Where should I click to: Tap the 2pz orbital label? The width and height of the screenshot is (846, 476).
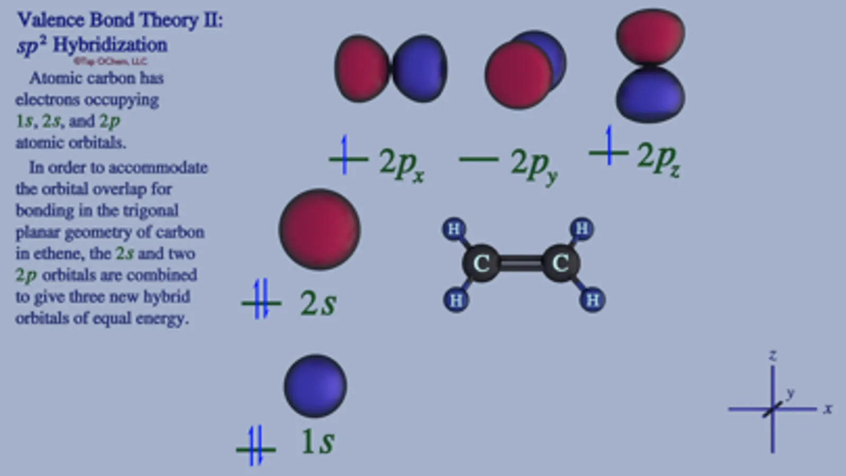658,158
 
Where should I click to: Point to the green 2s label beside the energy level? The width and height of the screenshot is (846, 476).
318,303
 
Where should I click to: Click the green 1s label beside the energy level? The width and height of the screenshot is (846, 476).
317,441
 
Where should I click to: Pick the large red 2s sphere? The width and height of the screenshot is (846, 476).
320,230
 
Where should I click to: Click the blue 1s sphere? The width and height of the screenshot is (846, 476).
315,386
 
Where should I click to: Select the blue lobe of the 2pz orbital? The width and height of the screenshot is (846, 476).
650,96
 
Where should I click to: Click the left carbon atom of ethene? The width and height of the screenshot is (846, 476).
481,263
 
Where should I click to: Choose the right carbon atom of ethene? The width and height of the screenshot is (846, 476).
560,263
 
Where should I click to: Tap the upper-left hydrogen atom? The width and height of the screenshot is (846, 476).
454,230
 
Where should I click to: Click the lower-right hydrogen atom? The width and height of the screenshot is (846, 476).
593,300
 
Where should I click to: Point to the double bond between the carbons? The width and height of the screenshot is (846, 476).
521,263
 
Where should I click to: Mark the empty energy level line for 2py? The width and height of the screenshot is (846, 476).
479,159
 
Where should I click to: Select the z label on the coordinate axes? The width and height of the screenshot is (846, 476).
773,355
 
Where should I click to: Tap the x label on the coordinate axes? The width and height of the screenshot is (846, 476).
828,409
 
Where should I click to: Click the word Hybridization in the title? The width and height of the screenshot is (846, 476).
110,45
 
